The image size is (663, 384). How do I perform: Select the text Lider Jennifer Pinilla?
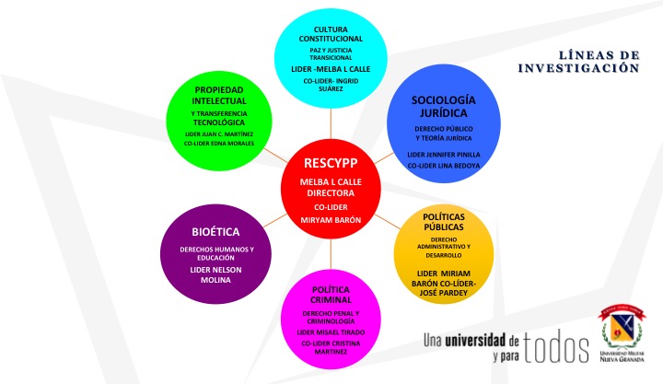pyautogui.click(x=444, y=154)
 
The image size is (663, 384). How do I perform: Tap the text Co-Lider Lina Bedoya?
pyautogui.click(x=444, y=166)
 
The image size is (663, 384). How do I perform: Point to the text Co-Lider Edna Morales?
pyautogui.click(x=219, y=144)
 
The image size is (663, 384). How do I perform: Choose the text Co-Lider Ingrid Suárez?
pyautogui.click(x=331, y=85)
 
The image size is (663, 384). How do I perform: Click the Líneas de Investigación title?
pyautogui.click(x=578, y=62)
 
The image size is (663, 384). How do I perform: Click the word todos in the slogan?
pyautogui.click(x=556, y=347)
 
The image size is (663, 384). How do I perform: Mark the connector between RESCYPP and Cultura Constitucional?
pyautogui.click(x=331, y=123)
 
